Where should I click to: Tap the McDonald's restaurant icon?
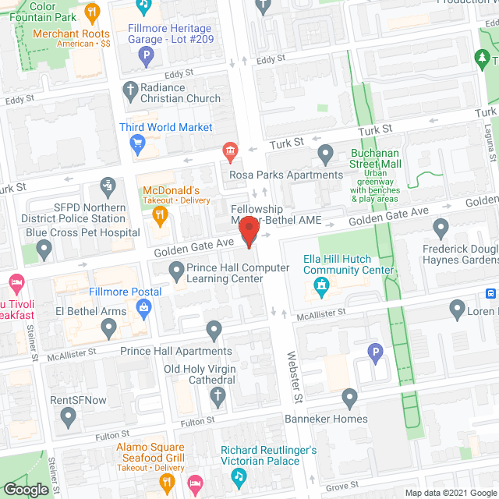(x=159, y=214)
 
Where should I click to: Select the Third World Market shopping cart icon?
(x=138, y=142)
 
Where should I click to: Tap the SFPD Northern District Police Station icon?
(x=107, y=186)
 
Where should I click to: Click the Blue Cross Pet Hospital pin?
(x=44, y=249)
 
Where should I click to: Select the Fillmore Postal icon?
(x=144, y=310)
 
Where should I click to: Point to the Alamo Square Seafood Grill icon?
(x=166, y=483)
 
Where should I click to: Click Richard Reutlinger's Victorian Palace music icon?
(x=239, y=473)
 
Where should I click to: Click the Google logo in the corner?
(x=26, y=489)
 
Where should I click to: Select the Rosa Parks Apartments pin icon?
(x=326, y=154)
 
